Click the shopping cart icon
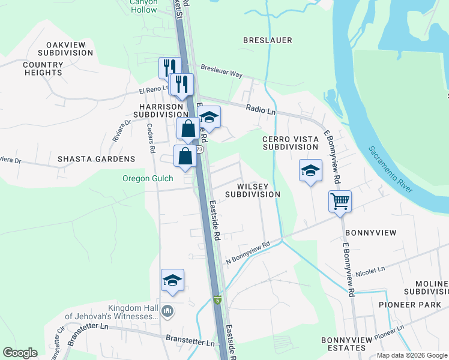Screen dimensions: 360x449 (340, 202)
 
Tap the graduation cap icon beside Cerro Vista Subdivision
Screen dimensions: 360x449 (310, 171)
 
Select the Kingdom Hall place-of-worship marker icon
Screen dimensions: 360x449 (167, 311)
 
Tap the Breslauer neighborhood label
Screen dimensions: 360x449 (267, 40)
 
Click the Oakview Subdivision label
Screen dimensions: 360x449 (70, 49)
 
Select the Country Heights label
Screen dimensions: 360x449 (43, 68)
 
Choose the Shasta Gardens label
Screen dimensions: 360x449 (96, 159)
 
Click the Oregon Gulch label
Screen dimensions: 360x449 (148, 178)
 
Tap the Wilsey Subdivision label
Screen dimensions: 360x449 (253, 190)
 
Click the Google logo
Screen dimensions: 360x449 (20, 353)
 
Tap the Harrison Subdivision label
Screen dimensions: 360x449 (161, 110)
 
